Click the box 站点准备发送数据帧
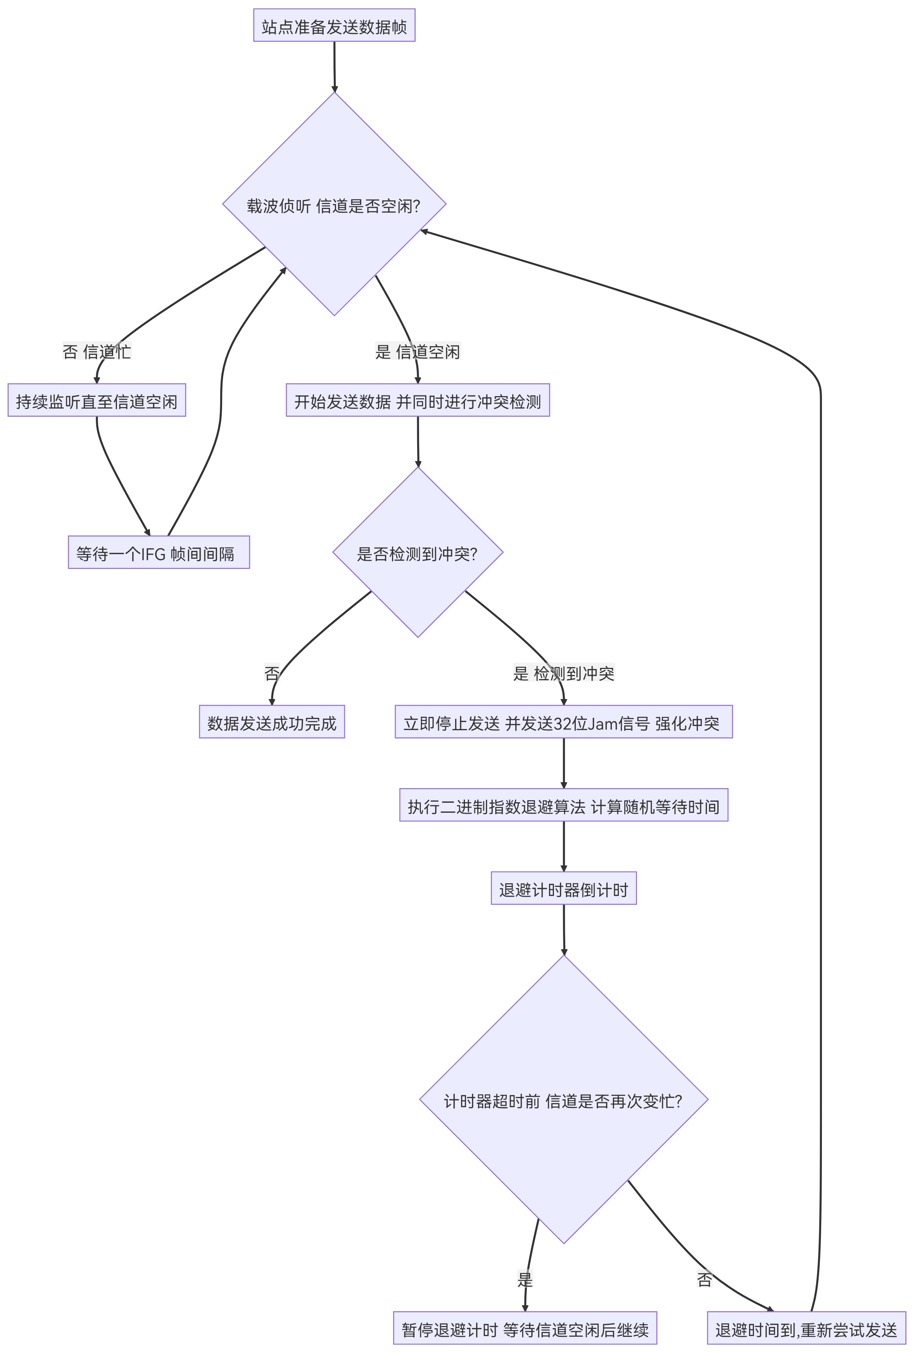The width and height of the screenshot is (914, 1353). tap(334, 26)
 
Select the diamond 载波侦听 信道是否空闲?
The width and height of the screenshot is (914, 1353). tap(334, 204)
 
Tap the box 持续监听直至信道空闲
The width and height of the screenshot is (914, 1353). tap(97, 401)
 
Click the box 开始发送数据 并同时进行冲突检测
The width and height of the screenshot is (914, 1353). tap(418, 401)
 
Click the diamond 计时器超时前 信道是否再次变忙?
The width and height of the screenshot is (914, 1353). tap(563, 1100)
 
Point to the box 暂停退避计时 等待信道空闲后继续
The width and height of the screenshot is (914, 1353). tap(525, 1328)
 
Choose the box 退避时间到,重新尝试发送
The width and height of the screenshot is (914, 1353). tap(806, 1328)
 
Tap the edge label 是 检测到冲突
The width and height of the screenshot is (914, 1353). tap(563, 673)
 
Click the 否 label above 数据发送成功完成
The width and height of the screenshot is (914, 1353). tap(272, 673)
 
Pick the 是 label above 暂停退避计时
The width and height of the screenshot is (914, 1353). tap(525, 1279)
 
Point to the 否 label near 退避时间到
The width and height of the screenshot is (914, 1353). tap(704, 1279)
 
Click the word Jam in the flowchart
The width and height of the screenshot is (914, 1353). tap(602, 723)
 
